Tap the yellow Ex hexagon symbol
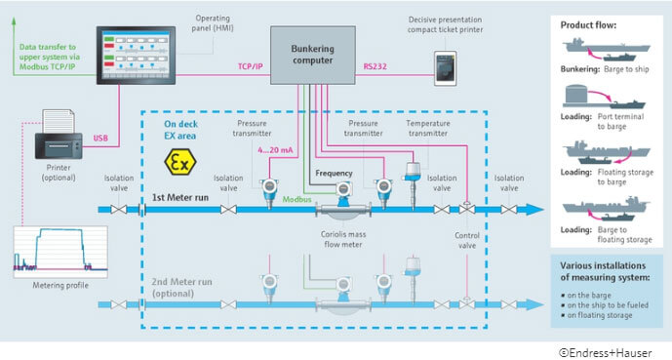(x=176, y=161)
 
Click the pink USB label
(x=101, y=138)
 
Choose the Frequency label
(x=333, y=174)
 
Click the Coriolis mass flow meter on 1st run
(x=340, y=207)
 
